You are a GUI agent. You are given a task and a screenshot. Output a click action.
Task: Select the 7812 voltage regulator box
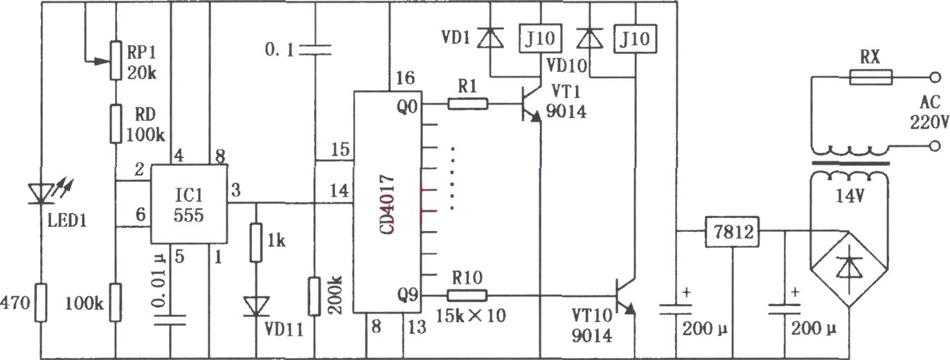pyautogui.click(x=732, y=231)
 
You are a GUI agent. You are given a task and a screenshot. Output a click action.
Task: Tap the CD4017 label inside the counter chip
pyautogui.click(x=388, y=204)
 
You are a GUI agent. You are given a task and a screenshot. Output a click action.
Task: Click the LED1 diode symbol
pyautogui.click(x=41, y=194)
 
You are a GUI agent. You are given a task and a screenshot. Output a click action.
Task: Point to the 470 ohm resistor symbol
pyautogui.click(x=41, y=303)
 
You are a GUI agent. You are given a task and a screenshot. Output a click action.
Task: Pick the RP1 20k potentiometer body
pyautogui.click(x=116, y=60)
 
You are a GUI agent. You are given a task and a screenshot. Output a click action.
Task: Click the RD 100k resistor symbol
pyautogui.click(x=116, y=123)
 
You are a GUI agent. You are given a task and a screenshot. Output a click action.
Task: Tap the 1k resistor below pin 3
pyautogui.click(x=256, y=242)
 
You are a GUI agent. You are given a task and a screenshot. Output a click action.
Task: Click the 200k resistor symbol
pyautogui.click(x=314, y=296)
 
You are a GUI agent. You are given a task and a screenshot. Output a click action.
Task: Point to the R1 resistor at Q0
pyautogui.click(x=468, y=103)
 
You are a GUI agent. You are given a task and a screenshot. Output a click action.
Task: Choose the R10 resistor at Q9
pyautogui.click(x=467, y=296)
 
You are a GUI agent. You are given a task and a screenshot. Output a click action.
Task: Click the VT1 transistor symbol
pyautogui.click(x=532, y=104)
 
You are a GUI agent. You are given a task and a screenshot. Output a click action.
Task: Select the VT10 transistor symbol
pyautogui.click(x=625, y=296)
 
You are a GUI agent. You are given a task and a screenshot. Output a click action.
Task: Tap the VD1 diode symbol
pyautogui.click(x=490, y=38)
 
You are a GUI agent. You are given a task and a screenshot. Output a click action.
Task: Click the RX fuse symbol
pyautogui.click(x=871, y=78)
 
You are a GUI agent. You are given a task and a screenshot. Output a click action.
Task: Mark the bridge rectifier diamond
pyautogui.click(x=849, y=269)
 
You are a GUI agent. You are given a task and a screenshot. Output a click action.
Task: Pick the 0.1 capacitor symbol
pyautogui.click(x=314, y=50)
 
